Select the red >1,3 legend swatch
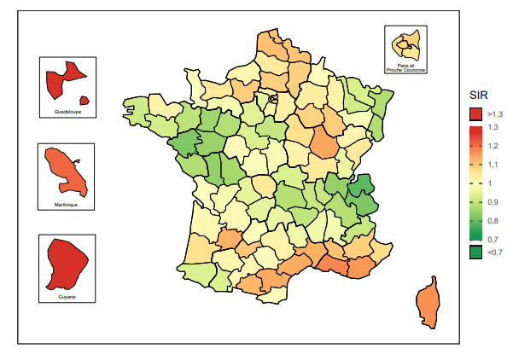pyautogui.click(x=475, y=113)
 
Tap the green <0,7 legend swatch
pyautogui.click(x=475, y=252)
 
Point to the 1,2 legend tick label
pyautogui.click(x=493, y=146)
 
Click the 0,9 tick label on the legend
pyautogui.click(x=493, y=202)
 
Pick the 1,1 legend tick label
pyautogui.click(x=493, y=165)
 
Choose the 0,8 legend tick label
pyautogui.click(x=493, y=221)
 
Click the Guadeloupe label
pyautogui.click(x=67, y=112)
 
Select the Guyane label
pyautogui.click(x=67, y=297)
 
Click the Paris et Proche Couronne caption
pyautogui.click(x=405, y=67)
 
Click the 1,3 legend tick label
pyautogui.click(x=493, y=127)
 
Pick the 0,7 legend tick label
pyautogui.click(x=493, y=240)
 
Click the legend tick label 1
pyautogui.click(x=490, y=183)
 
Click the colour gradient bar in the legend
pyautogui.click(x=475, y=183)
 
